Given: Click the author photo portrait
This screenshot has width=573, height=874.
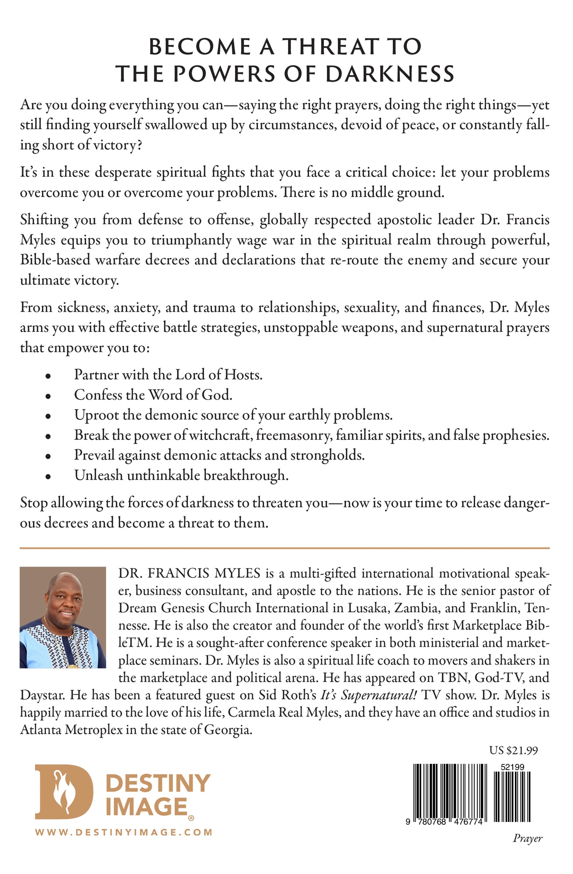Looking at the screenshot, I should tap(63, 617).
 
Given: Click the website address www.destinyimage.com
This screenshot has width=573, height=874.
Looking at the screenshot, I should tap(124, 832).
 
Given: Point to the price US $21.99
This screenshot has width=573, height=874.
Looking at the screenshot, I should tap(513, 750).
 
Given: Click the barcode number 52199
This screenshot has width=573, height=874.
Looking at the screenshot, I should tap(512, 767).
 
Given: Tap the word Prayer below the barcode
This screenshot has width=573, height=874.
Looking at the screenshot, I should tap(527, 838).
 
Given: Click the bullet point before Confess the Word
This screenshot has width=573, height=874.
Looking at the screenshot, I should tap(48, 395).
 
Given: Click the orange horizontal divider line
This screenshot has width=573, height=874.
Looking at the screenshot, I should tap(285, 548).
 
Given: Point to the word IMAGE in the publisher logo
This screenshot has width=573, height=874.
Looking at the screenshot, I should tap(146, 807).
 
